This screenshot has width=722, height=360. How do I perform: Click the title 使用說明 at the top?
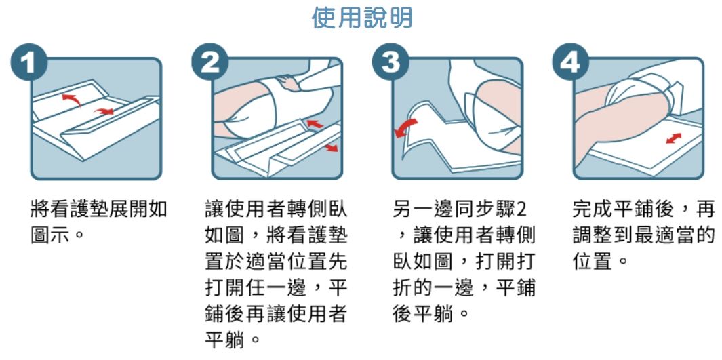pyautogui.click(x=361, y=18)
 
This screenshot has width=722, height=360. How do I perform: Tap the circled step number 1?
pyautogui.click(x=29, y=62)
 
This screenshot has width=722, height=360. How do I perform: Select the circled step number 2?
pyautogui.click(x=210, y=62)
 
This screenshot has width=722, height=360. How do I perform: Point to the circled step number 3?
pyautogui.click(x=391, y=62)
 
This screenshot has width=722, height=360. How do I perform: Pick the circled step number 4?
pyautogui.click(x=571, y=62)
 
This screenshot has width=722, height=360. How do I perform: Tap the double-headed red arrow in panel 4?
pyautogui.click(x=674, y=138)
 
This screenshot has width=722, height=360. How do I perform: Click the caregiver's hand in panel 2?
pyautogui.click(x=289, y=83)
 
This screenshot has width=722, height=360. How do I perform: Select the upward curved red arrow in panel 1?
pyautogui.click(x=71, y=98)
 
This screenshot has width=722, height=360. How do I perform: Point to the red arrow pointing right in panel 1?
pyautogui.click(x=104, y=111)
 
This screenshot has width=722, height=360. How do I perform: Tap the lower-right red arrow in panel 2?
pyautogui.click(x=330, y=147)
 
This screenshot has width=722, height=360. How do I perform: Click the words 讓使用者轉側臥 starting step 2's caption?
pyautogui.click(x=275, y=210)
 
